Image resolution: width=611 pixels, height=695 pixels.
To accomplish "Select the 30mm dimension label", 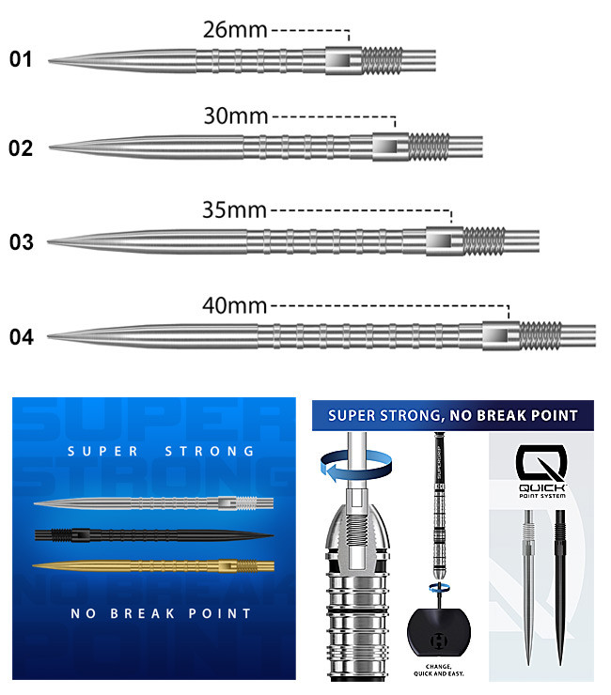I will click(x=236, y=116).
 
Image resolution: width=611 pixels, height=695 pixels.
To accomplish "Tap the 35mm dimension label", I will click(x=235, y=210).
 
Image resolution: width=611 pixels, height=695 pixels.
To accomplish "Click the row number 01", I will click(x=21, y=60).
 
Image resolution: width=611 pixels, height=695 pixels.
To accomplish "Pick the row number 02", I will click(x=21, y=148).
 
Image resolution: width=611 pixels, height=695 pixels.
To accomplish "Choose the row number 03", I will click(x=21, y=242).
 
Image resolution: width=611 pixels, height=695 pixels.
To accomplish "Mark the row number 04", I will click(x=21, y=336).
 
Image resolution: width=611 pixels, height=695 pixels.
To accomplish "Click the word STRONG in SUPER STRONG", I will click(x=209, y=451).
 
